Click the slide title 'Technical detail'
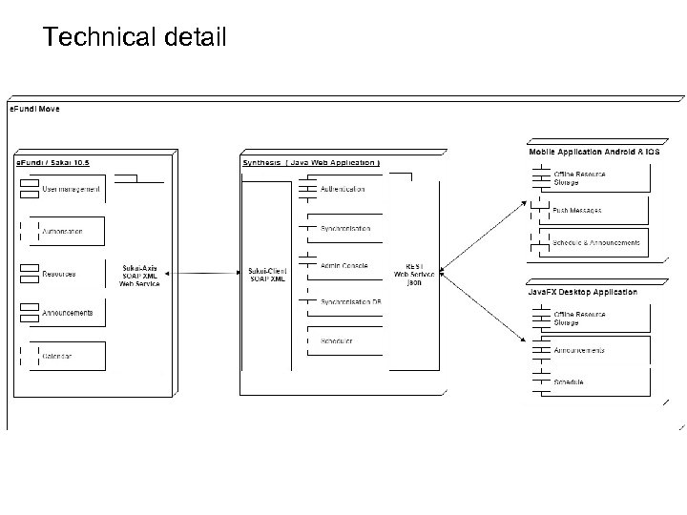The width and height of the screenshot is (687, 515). [135, 38]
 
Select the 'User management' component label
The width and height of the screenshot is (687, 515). [71, 189]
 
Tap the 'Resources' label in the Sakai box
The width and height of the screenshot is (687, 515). [58, 275]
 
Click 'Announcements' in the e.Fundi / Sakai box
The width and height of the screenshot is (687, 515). [67, 313]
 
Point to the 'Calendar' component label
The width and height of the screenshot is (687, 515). [56, 356]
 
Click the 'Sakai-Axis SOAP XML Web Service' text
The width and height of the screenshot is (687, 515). [139, 275]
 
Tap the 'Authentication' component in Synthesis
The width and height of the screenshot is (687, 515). [342, 189]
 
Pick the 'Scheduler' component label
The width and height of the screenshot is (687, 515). [336, 340]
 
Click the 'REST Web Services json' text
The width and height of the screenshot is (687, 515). [414, 275]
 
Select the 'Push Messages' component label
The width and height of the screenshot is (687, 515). [577, 210]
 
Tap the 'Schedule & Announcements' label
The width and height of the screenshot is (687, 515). [595, 243]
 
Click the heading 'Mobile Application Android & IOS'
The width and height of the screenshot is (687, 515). [593, 153]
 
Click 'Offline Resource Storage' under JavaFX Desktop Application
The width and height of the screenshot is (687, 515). [579, 318]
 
